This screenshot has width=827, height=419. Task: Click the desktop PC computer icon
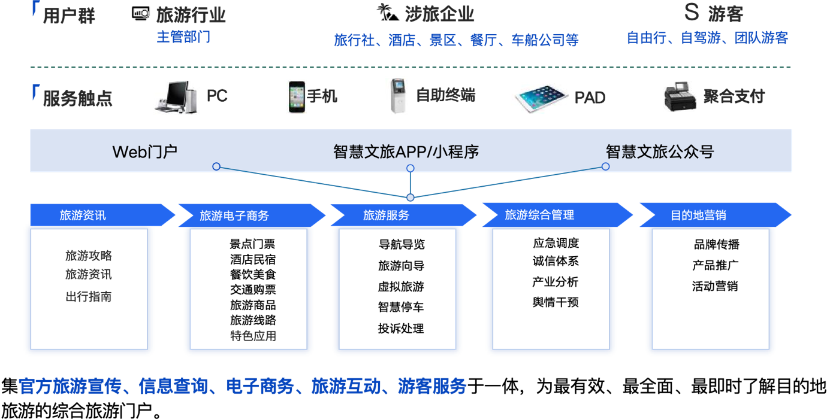[176, 97]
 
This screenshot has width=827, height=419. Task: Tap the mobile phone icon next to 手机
[297, 96]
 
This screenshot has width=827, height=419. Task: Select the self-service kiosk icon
[398, 96]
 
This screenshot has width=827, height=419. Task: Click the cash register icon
[680, 96]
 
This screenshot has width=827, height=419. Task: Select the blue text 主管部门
[183, 37]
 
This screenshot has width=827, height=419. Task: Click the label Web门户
[145, 151]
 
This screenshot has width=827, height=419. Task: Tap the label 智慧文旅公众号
[660, 151]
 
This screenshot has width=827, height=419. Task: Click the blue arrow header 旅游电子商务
[252, 215]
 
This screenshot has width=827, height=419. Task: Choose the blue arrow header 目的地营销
[716, 215]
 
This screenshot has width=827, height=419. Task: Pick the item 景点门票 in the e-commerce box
[252, 244]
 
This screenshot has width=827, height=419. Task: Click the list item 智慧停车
[401, 307]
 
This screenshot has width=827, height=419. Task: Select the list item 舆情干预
[556, 302]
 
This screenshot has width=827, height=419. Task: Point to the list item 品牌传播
[717, 244]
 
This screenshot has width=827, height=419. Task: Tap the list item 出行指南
[89, 296]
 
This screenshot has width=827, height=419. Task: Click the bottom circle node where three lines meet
[410, 198]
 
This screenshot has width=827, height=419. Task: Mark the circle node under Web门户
[216, 167]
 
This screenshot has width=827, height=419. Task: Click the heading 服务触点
[77, 99]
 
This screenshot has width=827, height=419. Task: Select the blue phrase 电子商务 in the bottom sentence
[260, 387]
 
